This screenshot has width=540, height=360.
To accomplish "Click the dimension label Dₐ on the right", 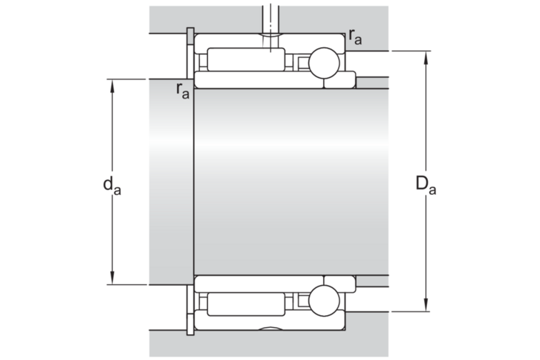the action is [426, 184].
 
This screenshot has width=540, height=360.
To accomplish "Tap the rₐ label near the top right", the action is [355, 36].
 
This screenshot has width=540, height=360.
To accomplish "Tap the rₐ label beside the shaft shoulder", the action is [183, 91].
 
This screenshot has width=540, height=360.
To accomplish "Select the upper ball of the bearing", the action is [324, 63].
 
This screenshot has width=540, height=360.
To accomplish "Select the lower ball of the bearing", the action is [324, 301].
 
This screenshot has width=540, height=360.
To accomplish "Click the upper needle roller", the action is [246, 59].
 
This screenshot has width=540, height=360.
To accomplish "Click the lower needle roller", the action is [246, 304].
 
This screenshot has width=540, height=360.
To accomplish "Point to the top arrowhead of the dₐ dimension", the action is [112, 87].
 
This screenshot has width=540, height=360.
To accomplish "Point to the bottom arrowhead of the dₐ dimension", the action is [112, 277].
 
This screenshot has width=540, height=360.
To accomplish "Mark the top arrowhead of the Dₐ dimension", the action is [426, 59].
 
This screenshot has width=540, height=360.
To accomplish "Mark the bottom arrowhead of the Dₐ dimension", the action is [426, 304].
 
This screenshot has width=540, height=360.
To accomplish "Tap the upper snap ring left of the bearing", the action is [190, 54].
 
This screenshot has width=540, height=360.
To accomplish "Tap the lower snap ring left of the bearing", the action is [190, 310].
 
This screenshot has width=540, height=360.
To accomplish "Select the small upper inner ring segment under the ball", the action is [339, 80].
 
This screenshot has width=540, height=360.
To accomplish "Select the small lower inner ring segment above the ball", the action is [339, 284].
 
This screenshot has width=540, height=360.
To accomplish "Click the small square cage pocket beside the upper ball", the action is [304, 63].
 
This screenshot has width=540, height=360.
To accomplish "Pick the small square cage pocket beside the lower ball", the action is [304, 301].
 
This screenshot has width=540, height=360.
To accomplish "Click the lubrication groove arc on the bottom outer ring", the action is [270, 328].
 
